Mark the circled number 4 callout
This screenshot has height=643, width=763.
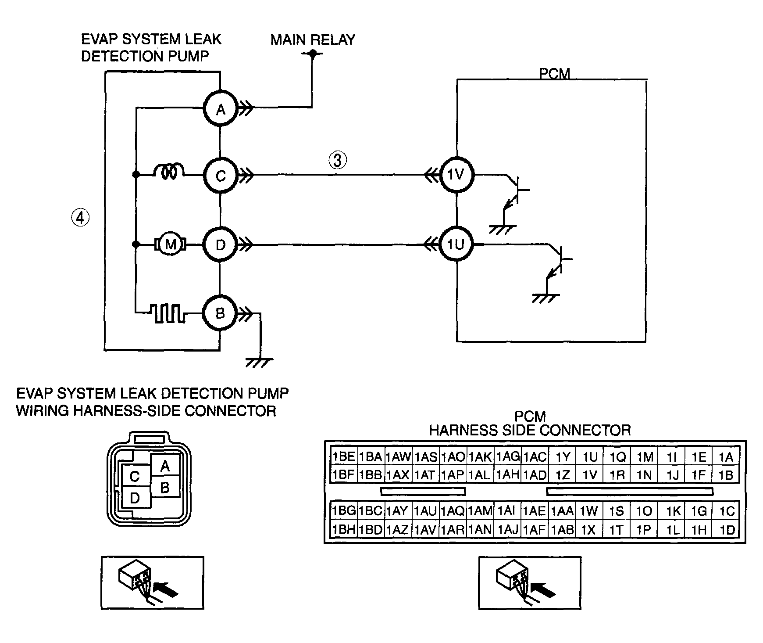[80, 218]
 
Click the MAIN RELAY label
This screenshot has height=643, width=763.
[312, 40]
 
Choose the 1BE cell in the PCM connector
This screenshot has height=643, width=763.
[344, 457]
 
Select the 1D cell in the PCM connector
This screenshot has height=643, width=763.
[727, 530]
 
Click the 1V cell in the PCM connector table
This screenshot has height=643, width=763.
[590, 475]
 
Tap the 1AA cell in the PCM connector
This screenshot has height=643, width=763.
[562, 511]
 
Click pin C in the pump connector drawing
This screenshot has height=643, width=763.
[135, 476]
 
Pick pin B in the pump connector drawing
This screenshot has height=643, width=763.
[165, 487]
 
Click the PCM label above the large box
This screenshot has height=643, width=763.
[555, 74]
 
